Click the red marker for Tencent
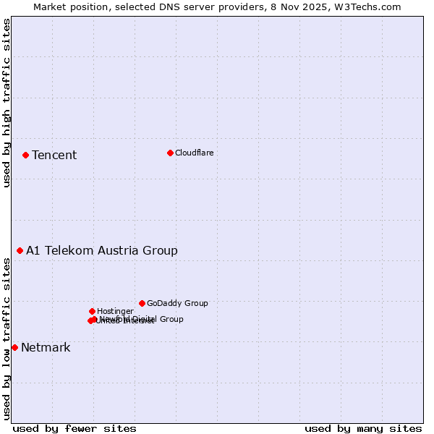(x=25, y=155)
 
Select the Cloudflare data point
(x=170, y=153)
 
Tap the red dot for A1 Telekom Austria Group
(x=20, y=250)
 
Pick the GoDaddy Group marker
(x=142, y=303)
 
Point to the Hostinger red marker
(x=92, y=311)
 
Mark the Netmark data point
(x=14, y=347)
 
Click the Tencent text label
(x=54, y=155)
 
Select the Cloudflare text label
(x=194, y=153)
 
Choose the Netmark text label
(x=46, y=347)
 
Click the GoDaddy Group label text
(x=177, y=303)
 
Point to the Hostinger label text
(x=115, y=311)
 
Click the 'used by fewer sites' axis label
(x=75, y=428)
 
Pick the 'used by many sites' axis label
(x=363, y=428)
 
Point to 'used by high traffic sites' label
(x=7, y=103)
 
